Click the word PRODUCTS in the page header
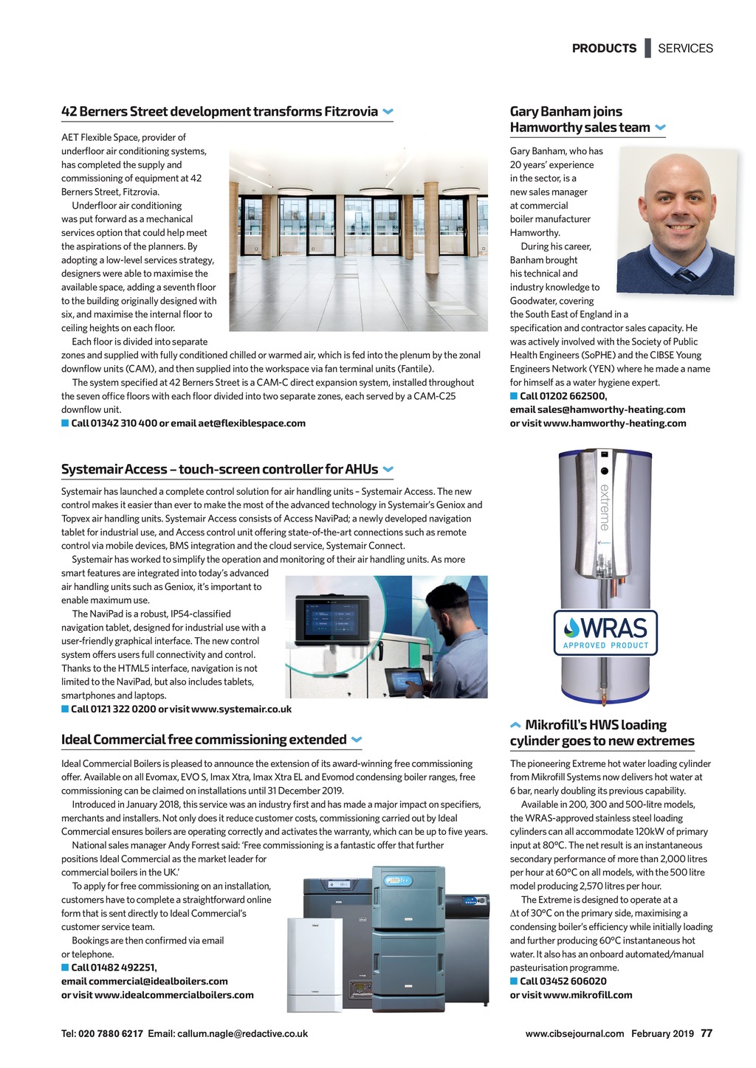coord(604,49)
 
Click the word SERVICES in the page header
coord(685,49)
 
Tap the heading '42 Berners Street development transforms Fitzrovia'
coord(219,112)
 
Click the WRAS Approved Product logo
coord(605,633)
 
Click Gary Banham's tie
coord(686,274)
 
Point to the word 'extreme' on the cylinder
coord(604,507)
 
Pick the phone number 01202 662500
coord(572,396)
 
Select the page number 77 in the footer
coord(707,1033)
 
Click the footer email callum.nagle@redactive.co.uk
coord(242,1034)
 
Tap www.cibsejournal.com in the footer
coord(574,1034)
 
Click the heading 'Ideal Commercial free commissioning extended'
coord(204,740)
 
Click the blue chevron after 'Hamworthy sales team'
coord(660,128)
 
